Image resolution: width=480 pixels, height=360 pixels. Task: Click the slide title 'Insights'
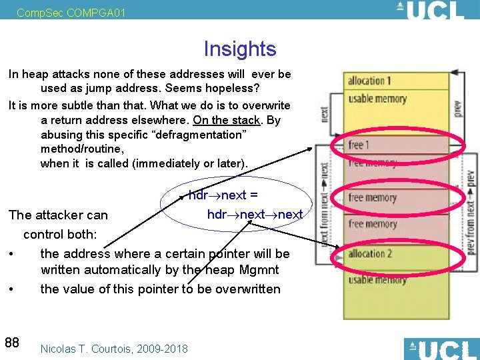[239, 49]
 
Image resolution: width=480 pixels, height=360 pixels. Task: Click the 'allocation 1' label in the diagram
[369, 81]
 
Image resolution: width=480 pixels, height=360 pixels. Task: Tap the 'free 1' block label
[359, 145]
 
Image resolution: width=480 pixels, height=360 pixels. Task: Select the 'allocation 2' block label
[370, 254]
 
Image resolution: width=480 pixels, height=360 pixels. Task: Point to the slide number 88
[12, 343]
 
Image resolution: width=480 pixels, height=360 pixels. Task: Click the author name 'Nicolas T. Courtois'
[89, 349]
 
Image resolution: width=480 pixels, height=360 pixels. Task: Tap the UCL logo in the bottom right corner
[441, 349]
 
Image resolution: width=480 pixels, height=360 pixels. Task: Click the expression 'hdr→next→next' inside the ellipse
[255, 214]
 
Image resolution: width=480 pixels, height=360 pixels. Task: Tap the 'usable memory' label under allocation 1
[377, 99]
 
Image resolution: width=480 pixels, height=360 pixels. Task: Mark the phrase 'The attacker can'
[58, 215]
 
